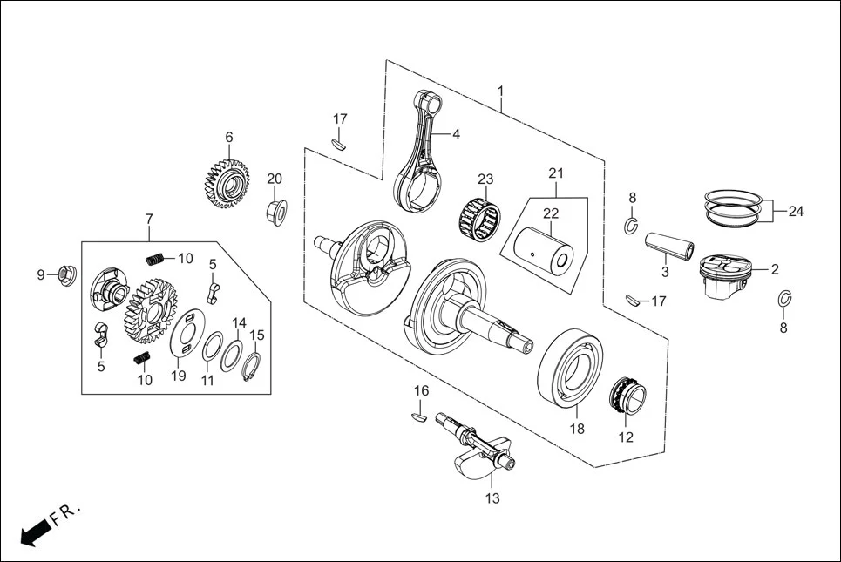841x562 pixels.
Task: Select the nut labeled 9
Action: pos(65,276)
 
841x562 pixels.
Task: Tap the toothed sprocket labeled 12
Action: pos(627,397)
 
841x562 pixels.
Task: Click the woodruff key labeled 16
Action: pos(419,417)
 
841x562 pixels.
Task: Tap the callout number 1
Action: pos(501,91)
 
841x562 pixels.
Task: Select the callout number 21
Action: pos(556,173)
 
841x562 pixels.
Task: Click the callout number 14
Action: pos(239,322)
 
